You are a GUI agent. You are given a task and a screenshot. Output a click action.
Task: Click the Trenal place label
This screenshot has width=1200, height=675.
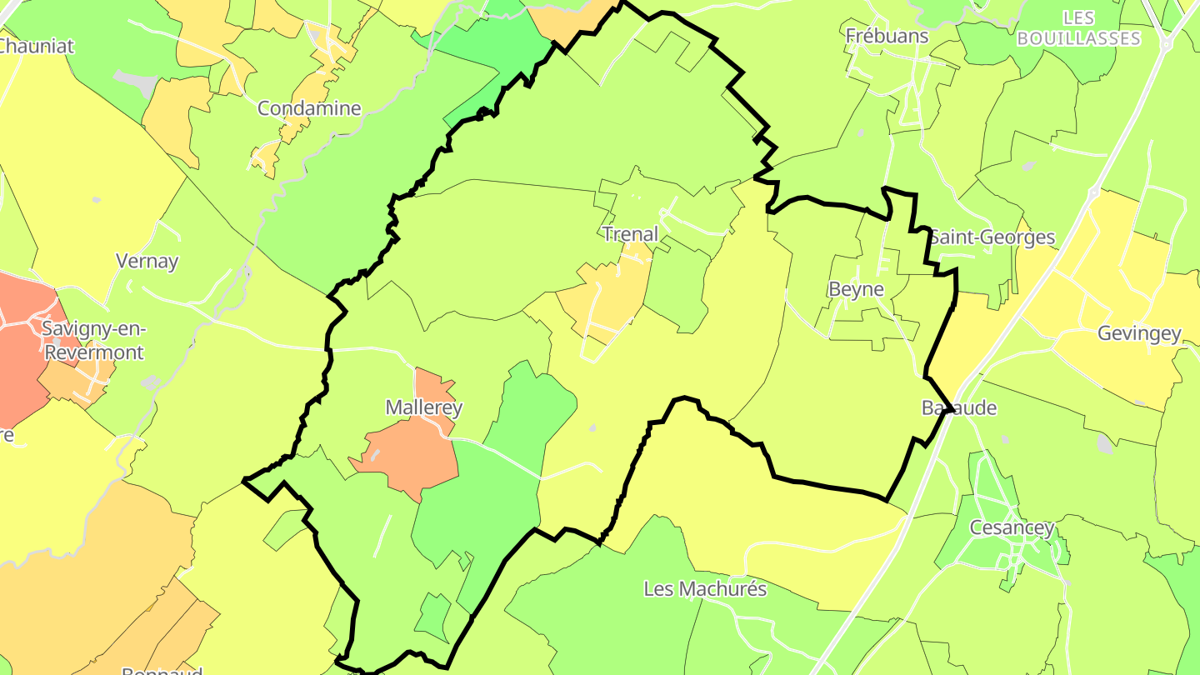pyautogui.click(x=630, y=234)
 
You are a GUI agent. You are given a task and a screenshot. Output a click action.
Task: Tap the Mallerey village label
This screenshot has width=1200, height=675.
pyautogui.click(x=423, y=407)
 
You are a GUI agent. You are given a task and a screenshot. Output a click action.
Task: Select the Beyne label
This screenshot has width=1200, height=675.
pyautogui.click(x=856, y=289)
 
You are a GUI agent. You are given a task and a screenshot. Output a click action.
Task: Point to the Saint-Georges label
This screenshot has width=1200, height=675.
pyautogui.click(x=992, y=237)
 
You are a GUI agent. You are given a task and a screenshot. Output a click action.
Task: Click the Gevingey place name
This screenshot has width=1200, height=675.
pyautogui.click(x=1139, y=333)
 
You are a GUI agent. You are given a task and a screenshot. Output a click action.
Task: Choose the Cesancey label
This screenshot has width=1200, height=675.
pyautogui.click(x=1012, y=527)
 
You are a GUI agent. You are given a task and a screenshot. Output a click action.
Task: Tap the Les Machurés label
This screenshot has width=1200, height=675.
pyautogui.click(x=705, y=588)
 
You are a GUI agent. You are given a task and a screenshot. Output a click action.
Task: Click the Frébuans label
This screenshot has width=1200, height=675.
pyautogui.click(x=887, y=35)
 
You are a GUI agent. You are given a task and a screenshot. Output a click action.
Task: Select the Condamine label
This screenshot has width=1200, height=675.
pyautogui.click(x=309, y=108)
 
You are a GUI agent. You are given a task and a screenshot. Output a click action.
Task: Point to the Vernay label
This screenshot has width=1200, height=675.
pyautogui.click(x=147, y=261)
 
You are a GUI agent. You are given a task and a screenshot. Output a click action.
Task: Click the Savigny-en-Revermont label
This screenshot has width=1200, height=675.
pyautogui.click(x=92, y=340)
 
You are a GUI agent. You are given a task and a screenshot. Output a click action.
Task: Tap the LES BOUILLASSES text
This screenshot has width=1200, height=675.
pyautogui.click(x=1078, y=27)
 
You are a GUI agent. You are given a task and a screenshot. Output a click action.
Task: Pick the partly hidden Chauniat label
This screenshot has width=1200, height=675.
pyautogui.click(x=37, y=46)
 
